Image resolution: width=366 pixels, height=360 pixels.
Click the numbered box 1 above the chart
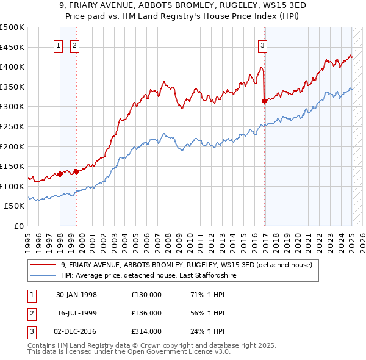click(x=59, y=45)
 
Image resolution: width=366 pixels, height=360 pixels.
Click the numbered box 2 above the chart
click(x=74, y=45)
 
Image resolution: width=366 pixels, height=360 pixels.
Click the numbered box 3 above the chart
click(x=262, y=45)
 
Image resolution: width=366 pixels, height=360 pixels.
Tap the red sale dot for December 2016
click(x=264, y=101)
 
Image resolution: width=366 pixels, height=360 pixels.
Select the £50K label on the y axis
click(x=15, y=206)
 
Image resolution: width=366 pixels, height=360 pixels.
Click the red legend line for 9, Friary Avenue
click(x=43, y=265)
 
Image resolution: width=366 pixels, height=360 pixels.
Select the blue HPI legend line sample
click(x=43, y=275)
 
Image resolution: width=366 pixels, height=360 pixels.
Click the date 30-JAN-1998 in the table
click(x=76, y=295)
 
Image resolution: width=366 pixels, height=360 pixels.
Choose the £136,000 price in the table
click(x=146, y=313)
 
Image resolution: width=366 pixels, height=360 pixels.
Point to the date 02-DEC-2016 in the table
click(x=76, y=331)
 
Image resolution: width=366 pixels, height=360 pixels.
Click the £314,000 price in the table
click(x=146, y=331)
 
